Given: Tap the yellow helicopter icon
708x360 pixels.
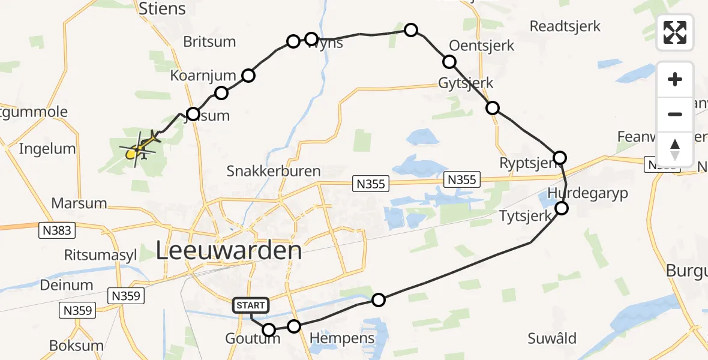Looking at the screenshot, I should (142, 146).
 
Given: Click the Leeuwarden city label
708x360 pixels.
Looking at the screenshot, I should (229, 250).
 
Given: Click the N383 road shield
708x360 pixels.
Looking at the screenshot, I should (55, 229).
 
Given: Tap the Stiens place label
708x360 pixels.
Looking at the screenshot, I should (162, 9).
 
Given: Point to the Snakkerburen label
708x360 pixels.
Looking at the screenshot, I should (273, 170).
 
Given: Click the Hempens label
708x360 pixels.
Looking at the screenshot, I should (342, 338).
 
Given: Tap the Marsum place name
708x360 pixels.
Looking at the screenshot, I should (79, 203).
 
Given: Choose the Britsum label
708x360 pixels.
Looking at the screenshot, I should (209, 42).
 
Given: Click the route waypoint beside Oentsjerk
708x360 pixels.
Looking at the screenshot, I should (449, 61).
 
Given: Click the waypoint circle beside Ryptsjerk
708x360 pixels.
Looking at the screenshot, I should (559, 158).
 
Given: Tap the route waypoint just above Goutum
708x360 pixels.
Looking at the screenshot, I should (269, 330).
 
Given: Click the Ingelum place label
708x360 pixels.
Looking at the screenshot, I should (47, 149).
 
